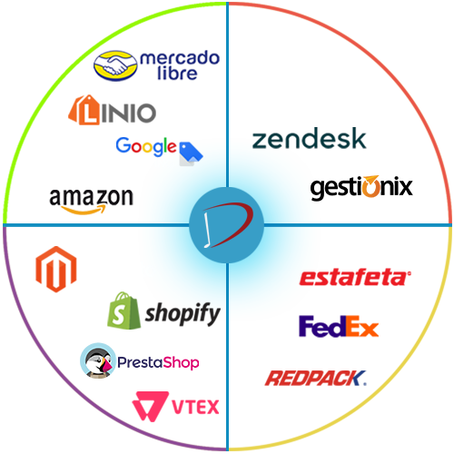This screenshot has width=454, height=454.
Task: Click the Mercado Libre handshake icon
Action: click(x=115, y=65)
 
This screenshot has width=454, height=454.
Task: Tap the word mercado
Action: click(x=180, y=57)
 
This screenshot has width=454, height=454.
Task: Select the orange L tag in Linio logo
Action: click(x=84, y=110)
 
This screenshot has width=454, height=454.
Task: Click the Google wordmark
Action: click(x=146, y=146)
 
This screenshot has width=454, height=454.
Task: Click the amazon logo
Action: click(x=91, y=201)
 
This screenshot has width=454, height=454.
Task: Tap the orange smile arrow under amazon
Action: click(x=84, y=210)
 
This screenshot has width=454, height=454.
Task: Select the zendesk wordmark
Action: click(x=309, y=138)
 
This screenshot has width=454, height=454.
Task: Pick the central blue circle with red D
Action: click(x=226, y=225)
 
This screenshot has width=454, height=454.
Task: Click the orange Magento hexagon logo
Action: click(x=56, y=269)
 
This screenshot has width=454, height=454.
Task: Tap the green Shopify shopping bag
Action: click(x=123, y=311)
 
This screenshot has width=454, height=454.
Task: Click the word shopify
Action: click(x=183, y=314)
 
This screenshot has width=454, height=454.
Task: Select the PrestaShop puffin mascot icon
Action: click(x=98, y=360)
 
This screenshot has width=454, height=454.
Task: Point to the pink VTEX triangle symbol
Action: click(x=150, y=406)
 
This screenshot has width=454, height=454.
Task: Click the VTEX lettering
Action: click(x=195, y=407)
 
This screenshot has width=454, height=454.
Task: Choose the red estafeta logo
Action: click(x=355, y=278)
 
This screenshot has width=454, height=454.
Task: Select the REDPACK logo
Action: click(x=316, y=378)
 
